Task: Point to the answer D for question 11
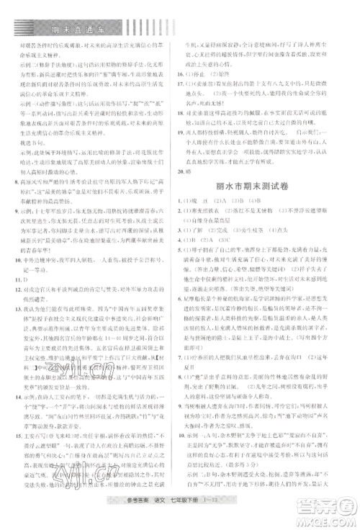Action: point(27,277)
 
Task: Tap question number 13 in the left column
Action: point(17,307)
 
